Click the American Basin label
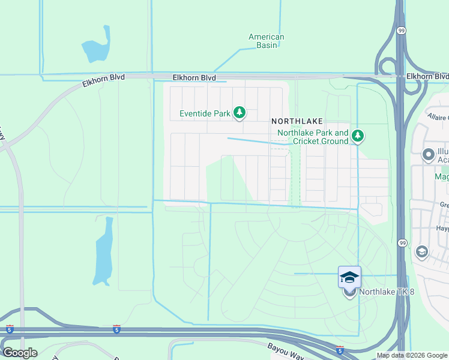click(267, 41)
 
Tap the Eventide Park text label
click(205, 113)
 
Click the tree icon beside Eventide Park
click(240, 112)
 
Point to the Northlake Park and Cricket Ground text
click(312, 137)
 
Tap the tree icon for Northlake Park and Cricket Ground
click(358, 136)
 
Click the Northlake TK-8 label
click(387, 292)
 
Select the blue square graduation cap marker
click(349, 277)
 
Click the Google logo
click(20, 353)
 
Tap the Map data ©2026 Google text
click(412, 355)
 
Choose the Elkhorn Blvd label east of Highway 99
click(427, 76)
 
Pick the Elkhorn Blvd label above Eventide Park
click(194, 78)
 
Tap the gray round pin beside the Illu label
click(429, 155)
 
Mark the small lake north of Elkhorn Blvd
click(96, 47)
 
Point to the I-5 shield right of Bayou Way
click(340, 349)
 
